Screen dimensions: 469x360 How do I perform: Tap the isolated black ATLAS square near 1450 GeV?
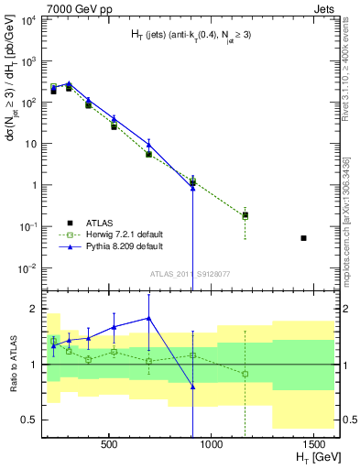point(303,238)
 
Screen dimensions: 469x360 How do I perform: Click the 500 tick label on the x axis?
point(109,443)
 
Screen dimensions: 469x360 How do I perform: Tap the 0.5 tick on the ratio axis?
point(29,420)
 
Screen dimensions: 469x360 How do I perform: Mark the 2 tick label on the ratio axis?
point(33,309)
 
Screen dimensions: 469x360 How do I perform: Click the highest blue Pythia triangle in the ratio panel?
point(148,319)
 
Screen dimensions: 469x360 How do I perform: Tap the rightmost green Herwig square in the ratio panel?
point(245,374)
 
